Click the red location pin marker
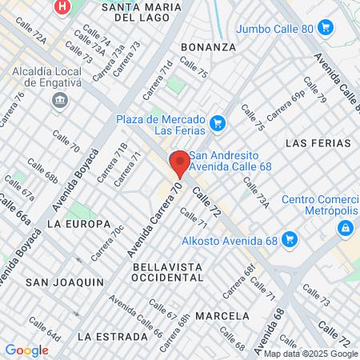pos(180,162)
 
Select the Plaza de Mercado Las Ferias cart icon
pos(218,123)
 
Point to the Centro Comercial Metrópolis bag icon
pos(345,228)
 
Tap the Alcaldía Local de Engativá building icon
pos(58,100)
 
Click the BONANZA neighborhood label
pos(209,47)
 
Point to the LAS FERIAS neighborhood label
pos(318,143)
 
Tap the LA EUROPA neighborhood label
pos(78,224)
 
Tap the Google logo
pos(26,350)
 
